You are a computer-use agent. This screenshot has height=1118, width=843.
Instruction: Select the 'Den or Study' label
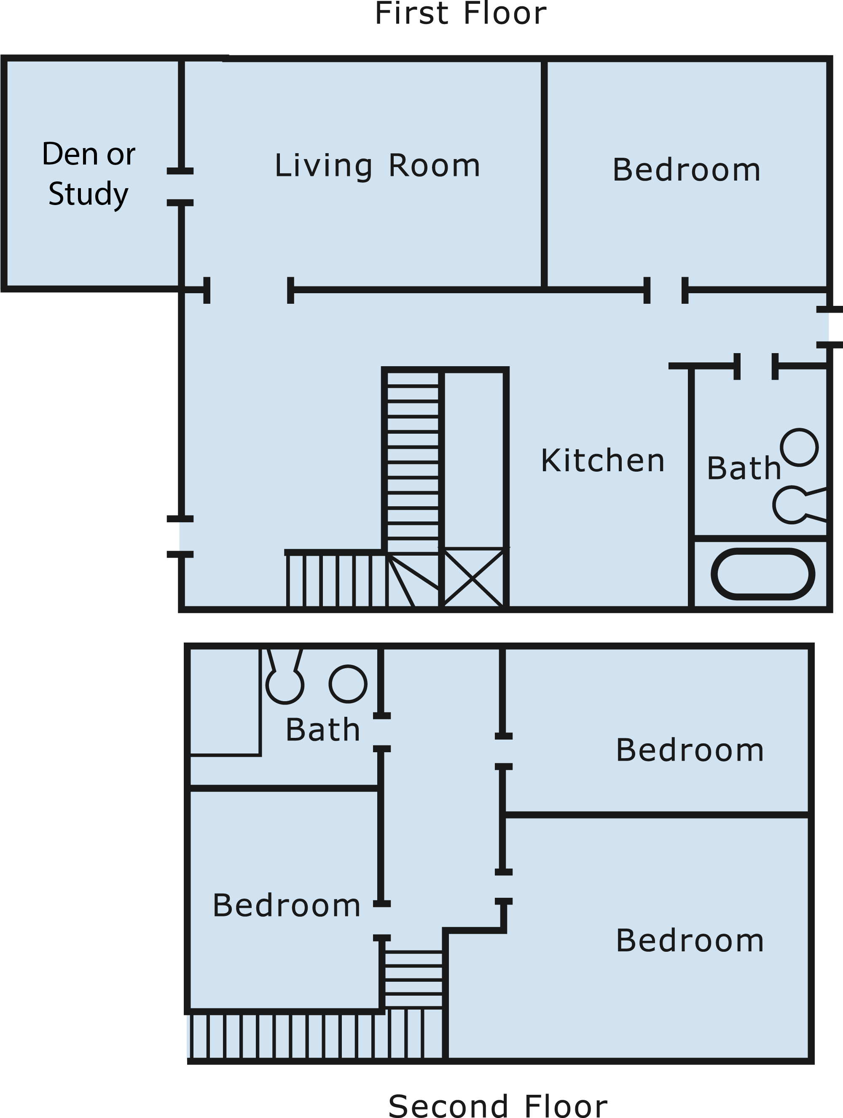click(x=89, y=174)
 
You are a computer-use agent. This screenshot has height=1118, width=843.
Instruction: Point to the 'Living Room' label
click(x=377, y=166)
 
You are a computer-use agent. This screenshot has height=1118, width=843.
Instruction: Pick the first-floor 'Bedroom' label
click(x=687, y=170)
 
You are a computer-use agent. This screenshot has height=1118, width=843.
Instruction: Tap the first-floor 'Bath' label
click(x=744, y=468)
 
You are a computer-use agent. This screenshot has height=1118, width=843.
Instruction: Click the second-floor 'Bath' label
click(x=323, y=730)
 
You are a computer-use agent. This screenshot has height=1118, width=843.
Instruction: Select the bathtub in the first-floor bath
click(x=762, y=574)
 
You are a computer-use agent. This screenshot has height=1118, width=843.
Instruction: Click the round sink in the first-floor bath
click(x=799, y=447)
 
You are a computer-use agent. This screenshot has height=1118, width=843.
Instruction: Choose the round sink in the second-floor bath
click(x=348, y=684)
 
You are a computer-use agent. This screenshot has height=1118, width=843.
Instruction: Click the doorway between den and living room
click(x=180, y=187)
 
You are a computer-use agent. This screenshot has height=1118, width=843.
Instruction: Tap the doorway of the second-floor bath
click(x=382, y=732)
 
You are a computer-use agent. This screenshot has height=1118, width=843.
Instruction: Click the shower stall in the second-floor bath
click(x=224, y=702)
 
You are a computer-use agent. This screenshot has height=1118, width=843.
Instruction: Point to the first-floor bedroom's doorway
click(x=666, y=290)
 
